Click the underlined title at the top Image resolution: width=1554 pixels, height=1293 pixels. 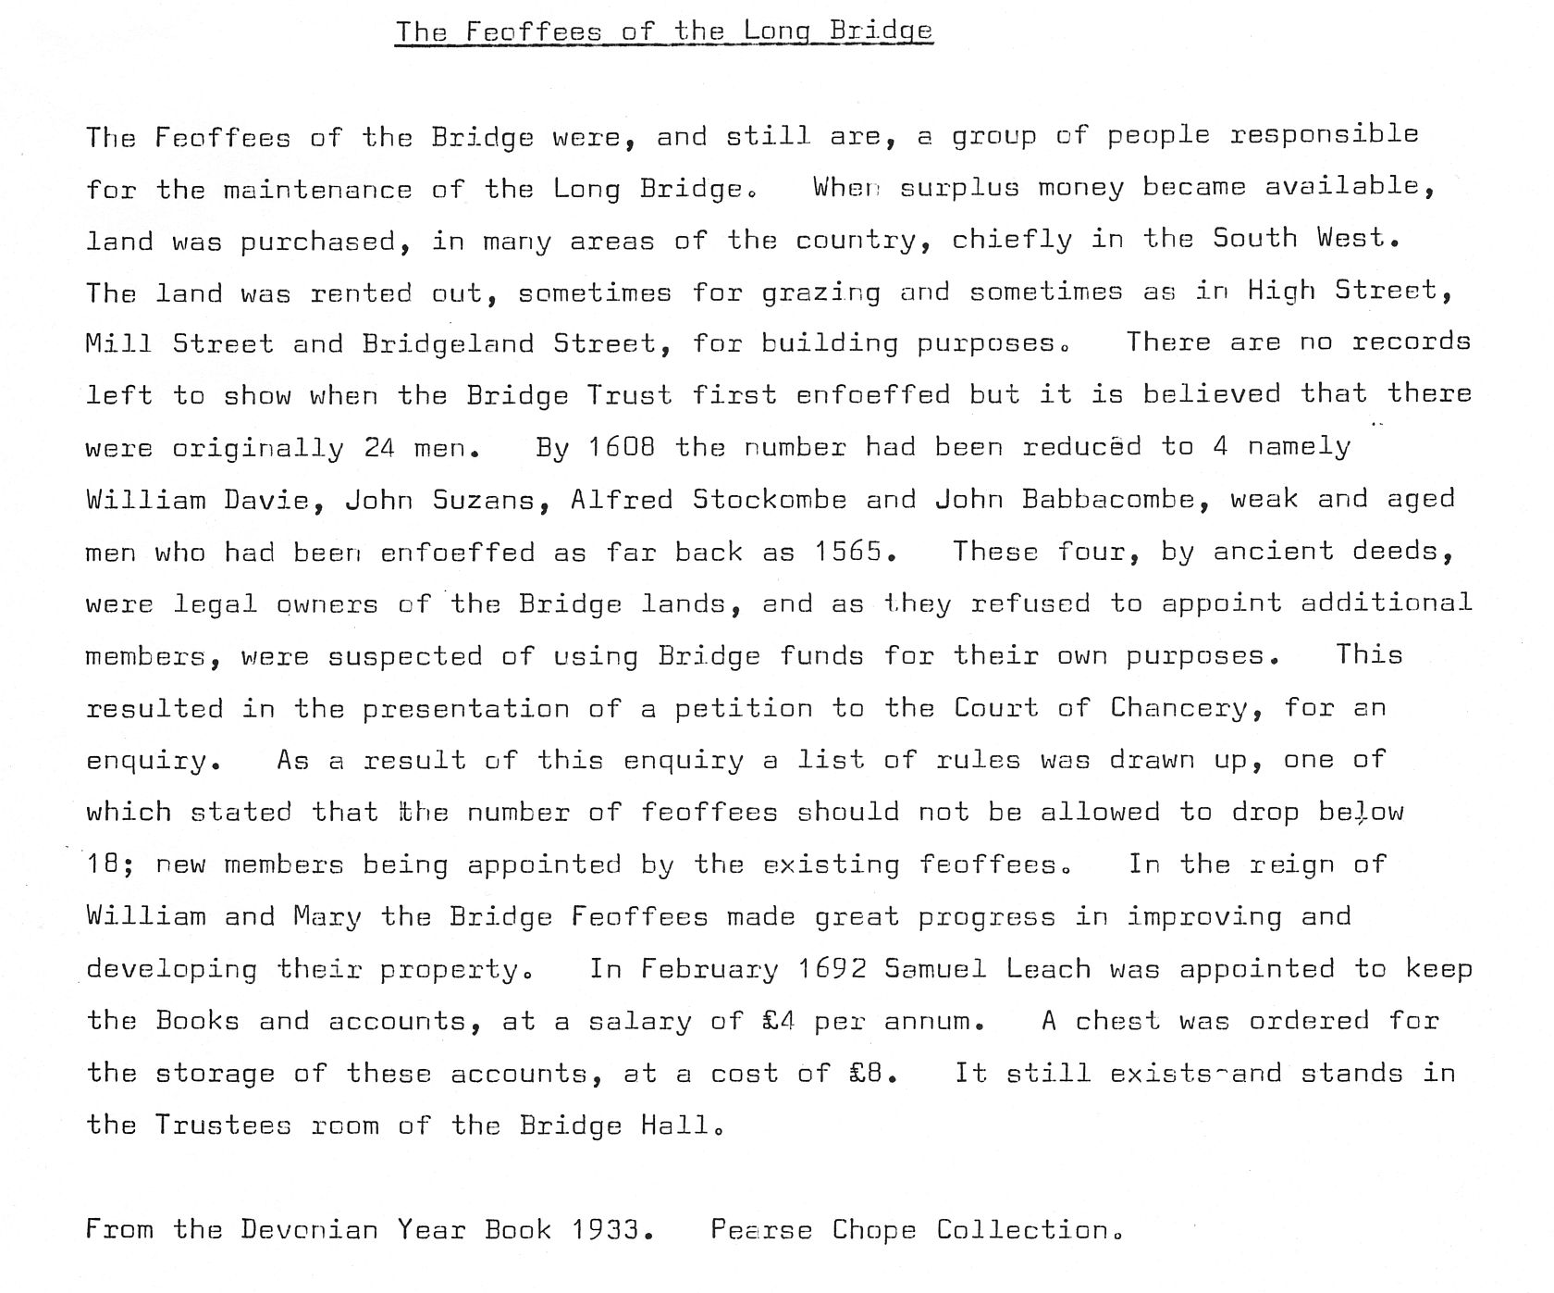click(663, 31)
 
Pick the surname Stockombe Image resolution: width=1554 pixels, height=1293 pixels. click(770, 501)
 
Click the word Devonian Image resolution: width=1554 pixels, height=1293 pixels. click(309, 1230)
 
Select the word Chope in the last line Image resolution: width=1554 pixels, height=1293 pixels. click(874, 1230)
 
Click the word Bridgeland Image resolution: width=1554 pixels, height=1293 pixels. click(449, 344)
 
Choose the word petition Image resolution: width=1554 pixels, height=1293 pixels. click(743, 709)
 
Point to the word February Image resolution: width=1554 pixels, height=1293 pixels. click(710, 969)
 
